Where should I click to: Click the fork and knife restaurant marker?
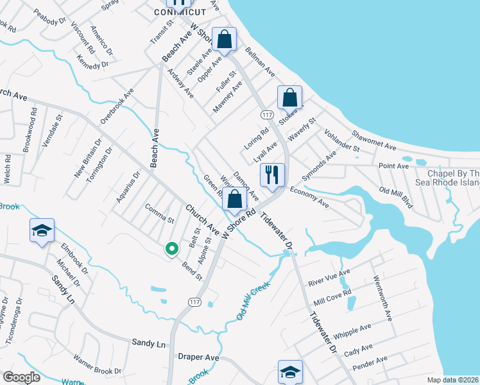pyautogui.click(x=272, y=175)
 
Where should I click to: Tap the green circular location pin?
pyautogui.click(x=171, y=249)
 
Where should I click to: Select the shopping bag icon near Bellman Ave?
pyautogui.click(x=225, y=40)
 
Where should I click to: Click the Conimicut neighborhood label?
pyautogui.click(x=181, y=12)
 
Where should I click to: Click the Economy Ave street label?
pyautogui.click(x=309, y=198)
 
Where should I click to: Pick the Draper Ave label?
pyautogui.click(x=199, y=357)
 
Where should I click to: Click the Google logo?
pyautogui.click(x=22, y=377)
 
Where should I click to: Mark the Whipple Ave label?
pyautogui.click(x=348, y=334)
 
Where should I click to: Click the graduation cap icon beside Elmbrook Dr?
pyautogui.click(x=42, y=232)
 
